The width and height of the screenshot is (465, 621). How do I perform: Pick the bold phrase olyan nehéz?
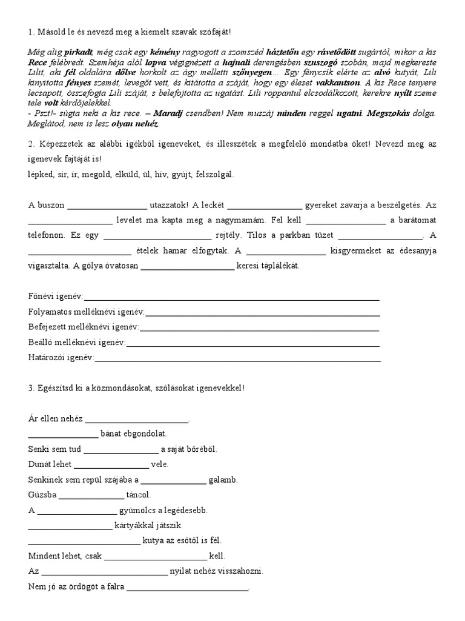tap(137, 123)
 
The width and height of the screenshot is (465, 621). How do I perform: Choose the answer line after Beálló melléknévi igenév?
tap(252, 343)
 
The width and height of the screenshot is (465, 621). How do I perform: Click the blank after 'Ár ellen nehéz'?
tap(137, 419)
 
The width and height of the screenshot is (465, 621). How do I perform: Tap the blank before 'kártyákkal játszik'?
tap(70, 525)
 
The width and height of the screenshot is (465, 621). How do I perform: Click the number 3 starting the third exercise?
tap(31, 388)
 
